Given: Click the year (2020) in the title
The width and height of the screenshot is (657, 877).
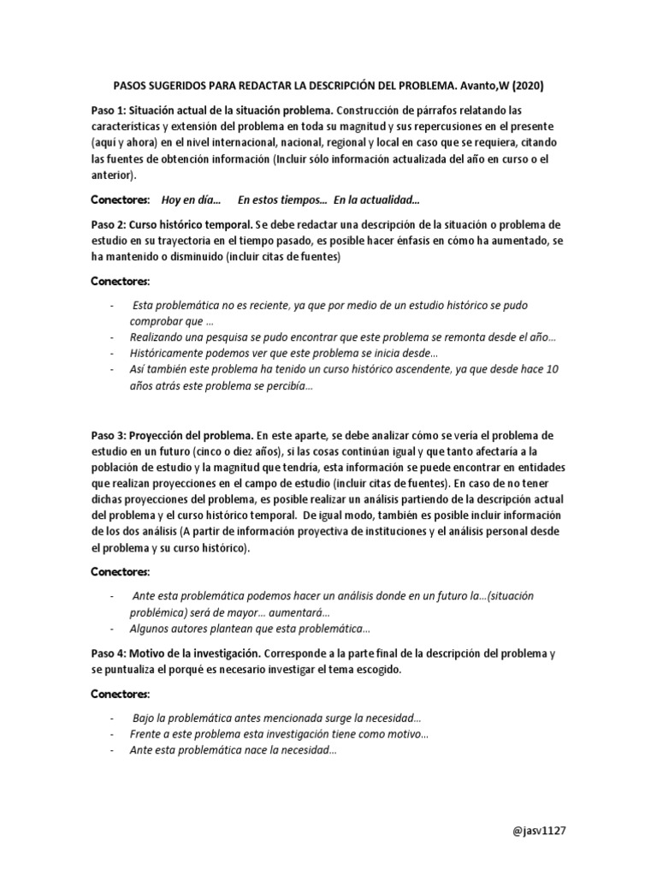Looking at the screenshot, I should pos(525,86).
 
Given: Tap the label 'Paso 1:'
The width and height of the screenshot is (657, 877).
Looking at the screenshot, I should pos(111,110).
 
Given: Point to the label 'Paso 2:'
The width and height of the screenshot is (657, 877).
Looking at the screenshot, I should pos(111,224).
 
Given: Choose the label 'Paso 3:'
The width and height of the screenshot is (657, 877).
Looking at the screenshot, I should pos(111,435).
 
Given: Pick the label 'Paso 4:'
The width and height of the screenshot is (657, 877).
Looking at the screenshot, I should pos(111,653).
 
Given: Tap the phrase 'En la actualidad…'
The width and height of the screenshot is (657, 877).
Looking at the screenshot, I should pos(377,200).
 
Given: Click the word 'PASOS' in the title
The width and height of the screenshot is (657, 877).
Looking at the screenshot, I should pos(133,86).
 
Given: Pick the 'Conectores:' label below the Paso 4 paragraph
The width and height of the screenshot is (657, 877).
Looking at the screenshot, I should pos(121,693).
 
